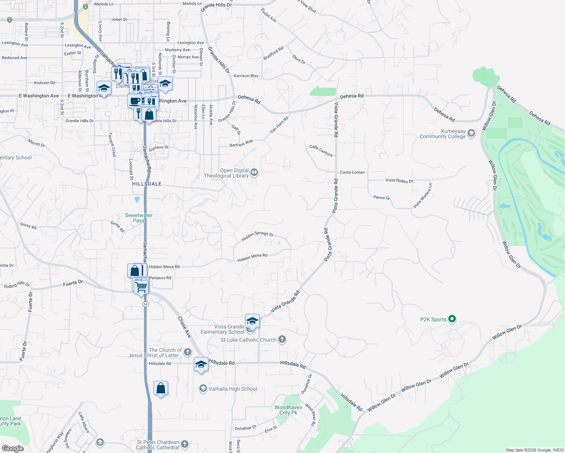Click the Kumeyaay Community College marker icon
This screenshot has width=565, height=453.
(x=471, y=133)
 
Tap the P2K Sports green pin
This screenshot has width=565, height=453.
(x=452, y=319)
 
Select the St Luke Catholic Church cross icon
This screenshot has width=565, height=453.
(x=282, y=339)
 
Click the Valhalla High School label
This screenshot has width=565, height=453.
(x=233, y=389)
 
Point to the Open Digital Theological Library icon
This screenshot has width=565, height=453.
(x=254, y=173)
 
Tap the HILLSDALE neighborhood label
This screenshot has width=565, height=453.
(x=147, y=184)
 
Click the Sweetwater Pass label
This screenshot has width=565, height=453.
(x=139, y=218)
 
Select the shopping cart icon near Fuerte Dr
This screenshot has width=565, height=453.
(x=141, y=287)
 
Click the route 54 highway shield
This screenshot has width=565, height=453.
(x=145, y=304)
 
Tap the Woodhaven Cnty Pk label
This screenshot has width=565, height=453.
(x=288, y=410)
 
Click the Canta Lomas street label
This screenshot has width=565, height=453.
(x=352, y=172)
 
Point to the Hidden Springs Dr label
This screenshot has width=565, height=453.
(x=257, y=236)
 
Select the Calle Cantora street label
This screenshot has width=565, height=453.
(x=321, y=150)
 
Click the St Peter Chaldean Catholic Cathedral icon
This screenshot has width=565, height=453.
(x=184, y=444)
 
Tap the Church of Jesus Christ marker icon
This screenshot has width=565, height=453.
(x=187, y=353)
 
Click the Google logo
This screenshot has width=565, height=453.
(x=12, y=448)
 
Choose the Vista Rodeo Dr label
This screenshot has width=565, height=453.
(x=399, y=180)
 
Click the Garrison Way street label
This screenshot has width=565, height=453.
(x=246, y=76)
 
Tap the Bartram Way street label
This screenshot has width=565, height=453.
(x=241, y=143)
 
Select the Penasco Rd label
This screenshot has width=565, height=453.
(x=160, y=278)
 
